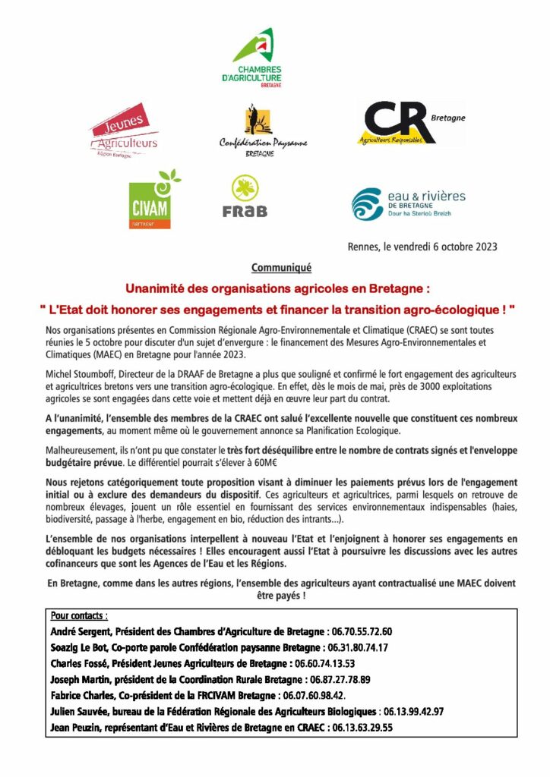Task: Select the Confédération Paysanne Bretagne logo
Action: pos(253,131)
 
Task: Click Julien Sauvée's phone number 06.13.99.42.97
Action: pos(411,711)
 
